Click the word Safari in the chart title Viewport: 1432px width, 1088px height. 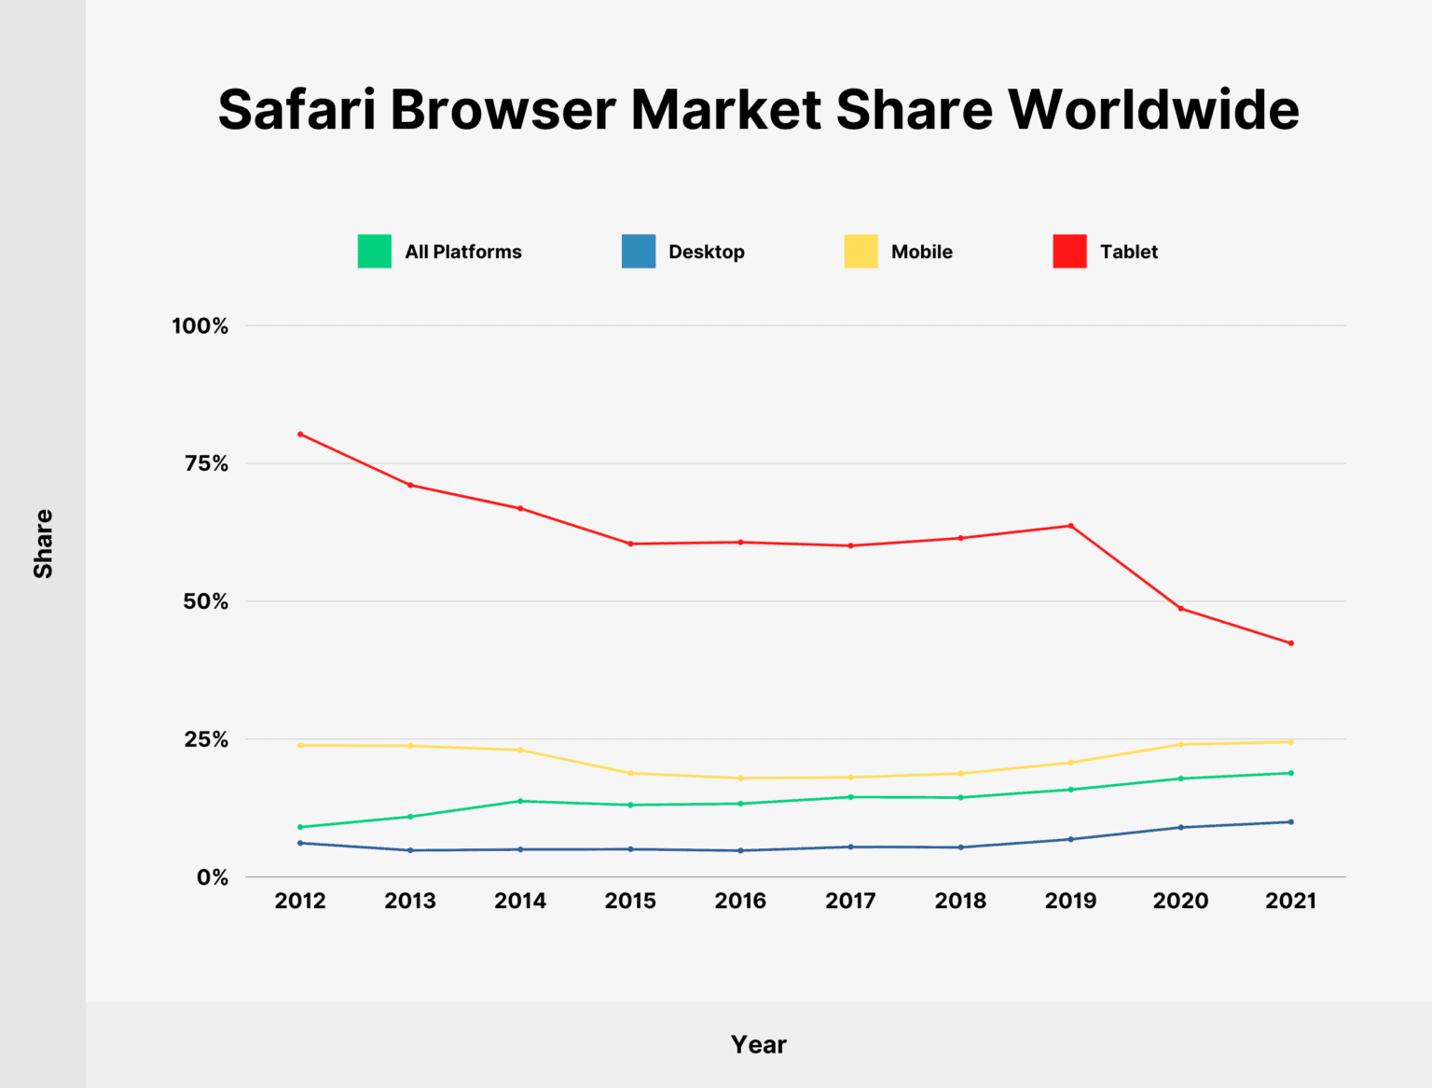pos(296,110)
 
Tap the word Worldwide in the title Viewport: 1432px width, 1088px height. pos(1153,110)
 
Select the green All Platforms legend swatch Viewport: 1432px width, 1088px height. pos(374,252)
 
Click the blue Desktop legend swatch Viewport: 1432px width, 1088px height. pos(639,252)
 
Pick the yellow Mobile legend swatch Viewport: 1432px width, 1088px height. pos(861,252)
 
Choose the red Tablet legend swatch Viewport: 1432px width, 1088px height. pos(1069,252)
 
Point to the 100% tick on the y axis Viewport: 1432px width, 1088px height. pos(200,326)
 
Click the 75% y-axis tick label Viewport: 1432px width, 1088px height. pos(206,464)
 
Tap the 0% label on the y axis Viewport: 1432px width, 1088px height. pos(213,877)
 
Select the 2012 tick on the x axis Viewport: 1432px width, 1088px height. pos(300,901)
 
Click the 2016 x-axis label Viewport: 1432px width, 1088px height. pos(740,901)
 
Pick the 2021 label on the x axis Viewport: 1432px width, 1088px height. pos(1290,901)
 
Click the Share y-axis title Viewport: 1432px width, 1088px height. pos(43,544)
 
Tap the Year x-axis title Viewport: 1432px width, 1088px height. pos(758,1044)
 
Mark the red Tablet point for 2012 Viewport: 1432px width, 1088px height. pos(300,434)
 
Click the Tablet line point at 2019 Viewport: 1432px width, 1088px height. pos(1070,526)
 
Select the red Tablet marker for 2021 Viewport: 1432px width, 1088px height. pos(1291,643)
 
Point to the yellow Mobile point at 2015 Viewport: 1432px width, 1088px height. pos(630,773)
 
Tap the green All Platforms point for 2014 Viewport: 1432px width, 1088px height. pos(520,801)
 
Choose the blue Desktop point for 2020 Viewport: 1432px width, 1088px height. pos(1181,827)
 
